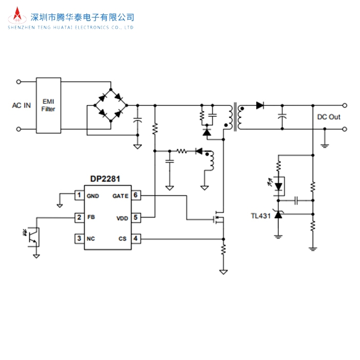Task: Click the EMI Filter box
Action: [x=49, y=105]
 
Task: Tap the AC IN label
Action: [x=22, y=105]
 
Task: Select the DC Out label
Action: [x=329, y=117]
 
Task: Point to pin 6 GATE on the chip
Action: [x=135, y=195]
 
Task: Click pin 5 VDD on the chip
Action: [x=135, y=218]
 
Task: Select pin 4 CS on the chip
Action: [x=135, y=239]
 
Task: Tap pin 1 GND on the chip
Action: [x=79, y=195]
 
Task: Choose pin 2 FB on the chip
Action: [x=79, y=218]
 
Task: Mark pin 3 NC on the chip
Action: [x=79, y=239]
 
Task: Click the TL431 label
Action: [x=261, y=216]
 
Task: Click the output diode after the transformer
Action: [x=259, y=105]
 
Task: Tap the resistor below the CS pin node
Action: [x=223, y=250]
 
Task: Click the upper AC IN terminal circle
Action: [x=19, y=81]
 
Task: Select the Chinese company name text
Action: [x=82, y=16]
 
